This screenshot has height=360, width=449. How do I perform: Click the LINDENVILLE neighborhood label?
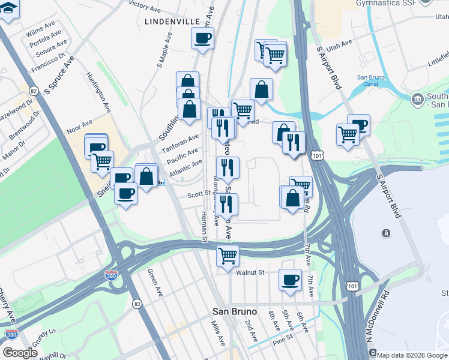[172, 21]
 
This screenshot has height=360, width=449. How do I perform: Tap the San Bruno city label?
[235, 311]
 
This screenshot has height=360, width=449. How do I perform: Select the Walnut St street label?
[250, 272]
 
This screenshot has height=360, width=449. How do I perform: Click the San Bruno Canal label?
[371, 81]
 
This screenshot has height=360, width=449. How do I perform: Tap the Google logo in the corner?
[20, 352]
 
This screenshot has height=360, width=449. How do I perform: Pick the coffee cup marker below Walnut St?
[291, 281]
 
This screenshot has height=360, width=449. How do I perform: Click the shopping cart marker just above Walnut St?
[228, 256]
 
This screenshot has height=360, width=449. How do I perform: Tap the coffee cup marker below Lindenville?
[202, 39]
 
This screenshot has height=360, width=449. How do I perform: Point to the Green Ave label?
[155, 282]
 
